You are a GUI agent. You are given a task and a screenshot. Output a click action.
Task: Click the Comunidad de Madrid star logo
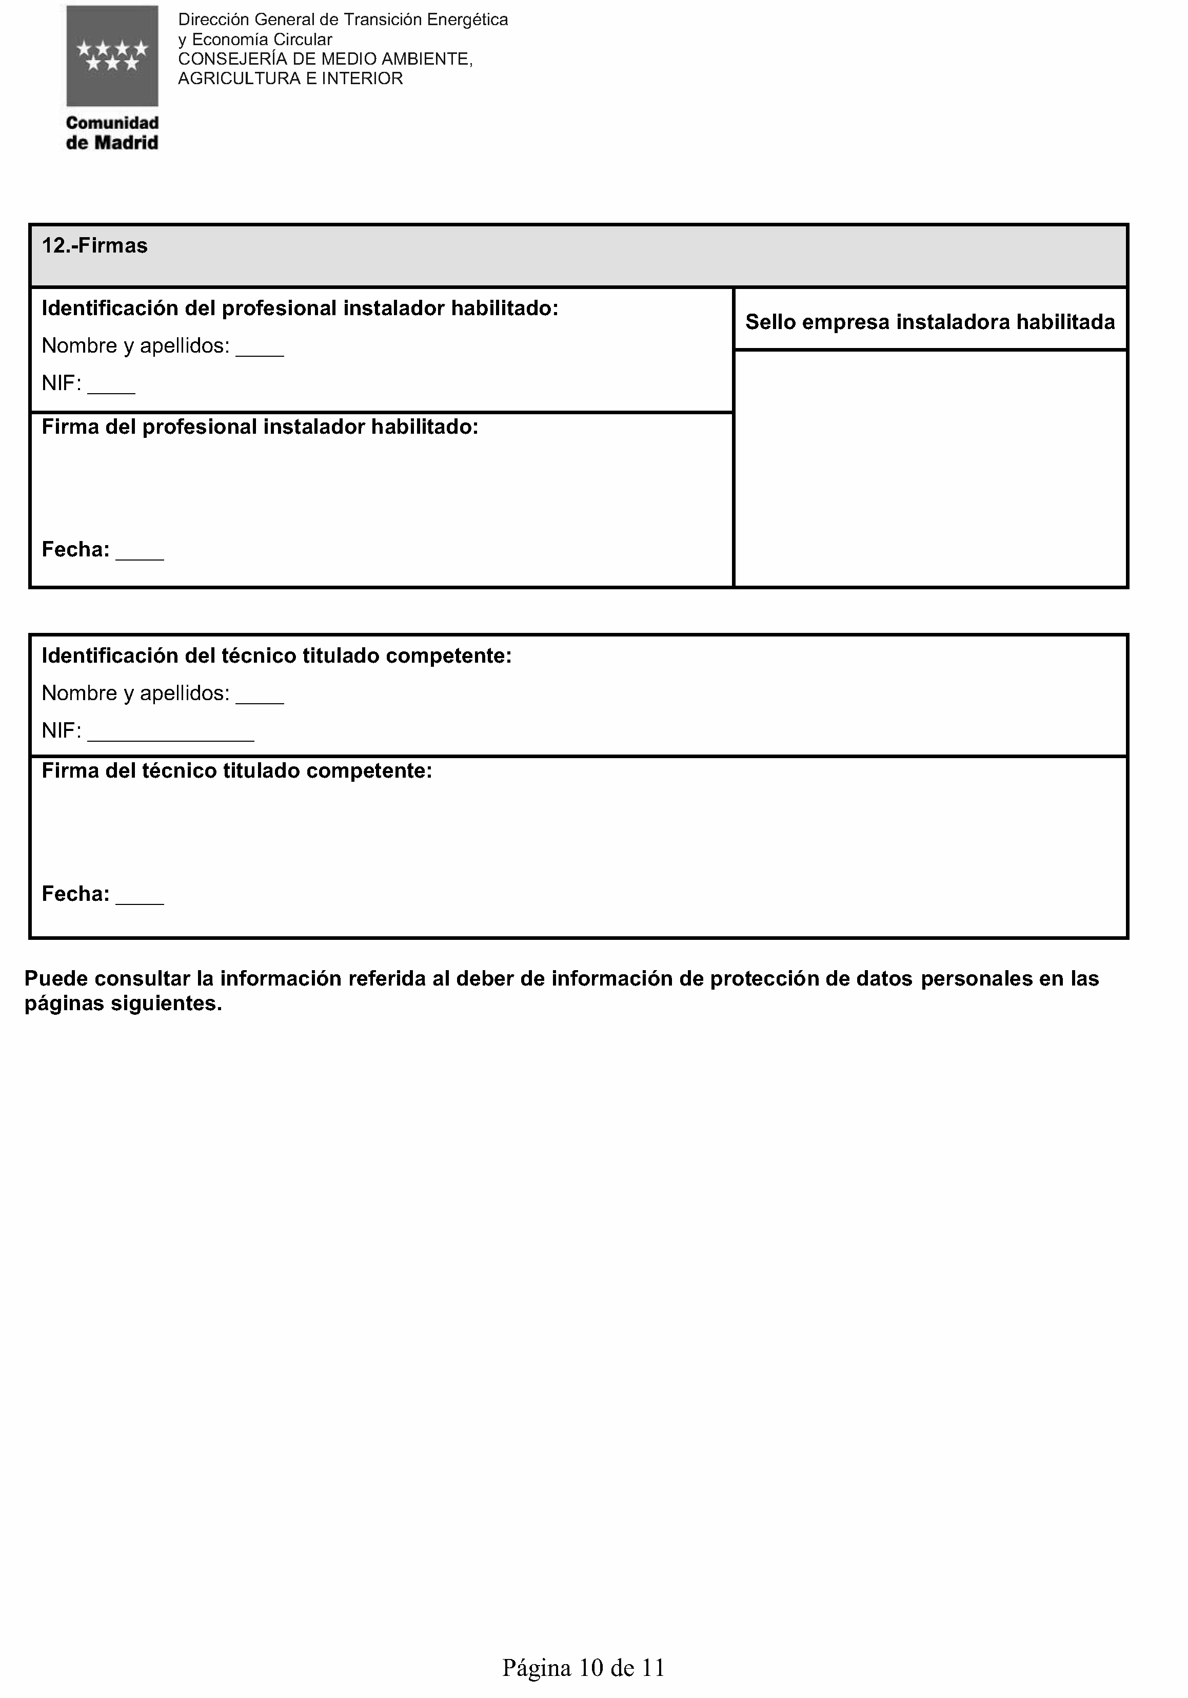112,56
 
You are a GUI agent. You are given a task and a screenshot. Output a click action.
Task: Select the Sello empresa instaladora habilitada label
929,322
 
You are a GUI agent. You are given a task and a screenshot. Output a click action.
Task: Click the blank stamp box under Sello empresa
930,468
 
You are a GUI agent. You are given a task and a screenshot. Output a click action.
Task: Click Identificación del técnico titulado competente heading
276,656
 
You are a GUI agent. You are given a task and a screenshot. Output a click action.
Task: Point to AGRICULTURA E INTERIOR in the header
290,79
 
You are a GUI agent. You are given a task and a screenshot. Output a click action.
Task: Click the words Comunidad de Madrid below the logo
112,133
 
